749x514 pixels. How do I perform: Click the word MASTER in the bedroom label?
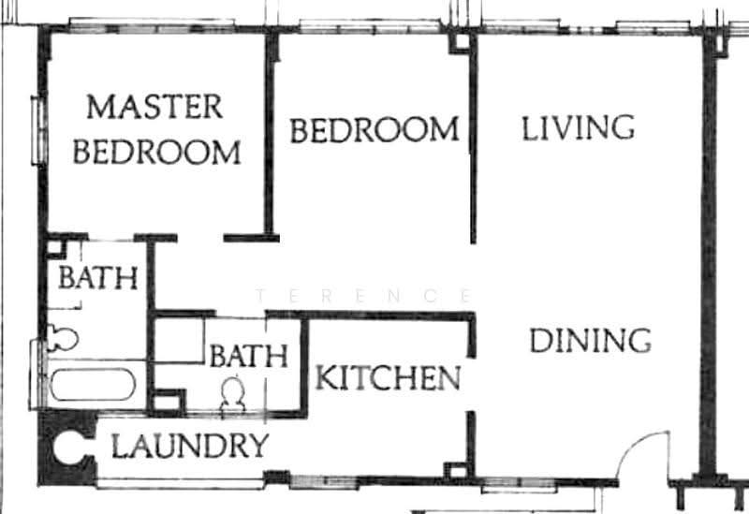[x=154, y=107]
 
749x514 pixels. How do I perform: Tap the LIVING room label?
[x=578, y=127]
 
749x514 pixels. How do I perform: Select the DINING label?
[x=591, y=341]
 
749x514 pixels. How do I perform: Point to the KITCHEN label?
[x=388, y=378]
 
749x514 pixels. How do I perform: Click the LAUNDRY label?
[x=190, y=446]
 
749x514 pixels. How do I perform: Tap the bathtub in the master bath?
[x=93, y=385]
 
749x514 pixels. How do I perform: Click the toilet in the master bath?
[x=62, y=338]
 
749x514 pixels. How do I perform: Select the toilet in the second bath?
[x=233, y=394]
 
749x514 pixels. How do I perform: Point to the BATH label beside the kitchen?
[x=249, y=357]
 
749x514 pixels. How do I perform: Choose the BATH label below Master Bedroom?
[x=98, y=277]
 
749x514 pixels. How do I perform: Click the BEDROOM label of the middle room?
[x=374, y=130]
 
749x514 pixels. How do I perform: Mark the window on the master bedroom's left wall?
[x=38, y=130]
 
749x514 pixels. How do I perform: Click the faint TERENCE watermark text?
[x=364, y=296]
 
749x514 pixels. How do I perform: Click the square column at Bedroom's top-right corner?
[x=461, y=42]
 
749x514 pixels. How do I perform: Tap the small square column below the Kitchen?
[x=457, y=471]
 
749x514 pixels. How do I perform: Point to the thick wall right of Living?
[x=710, y=253]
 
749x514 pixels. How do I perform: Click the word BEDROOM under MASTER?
[x=156, y=152]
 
